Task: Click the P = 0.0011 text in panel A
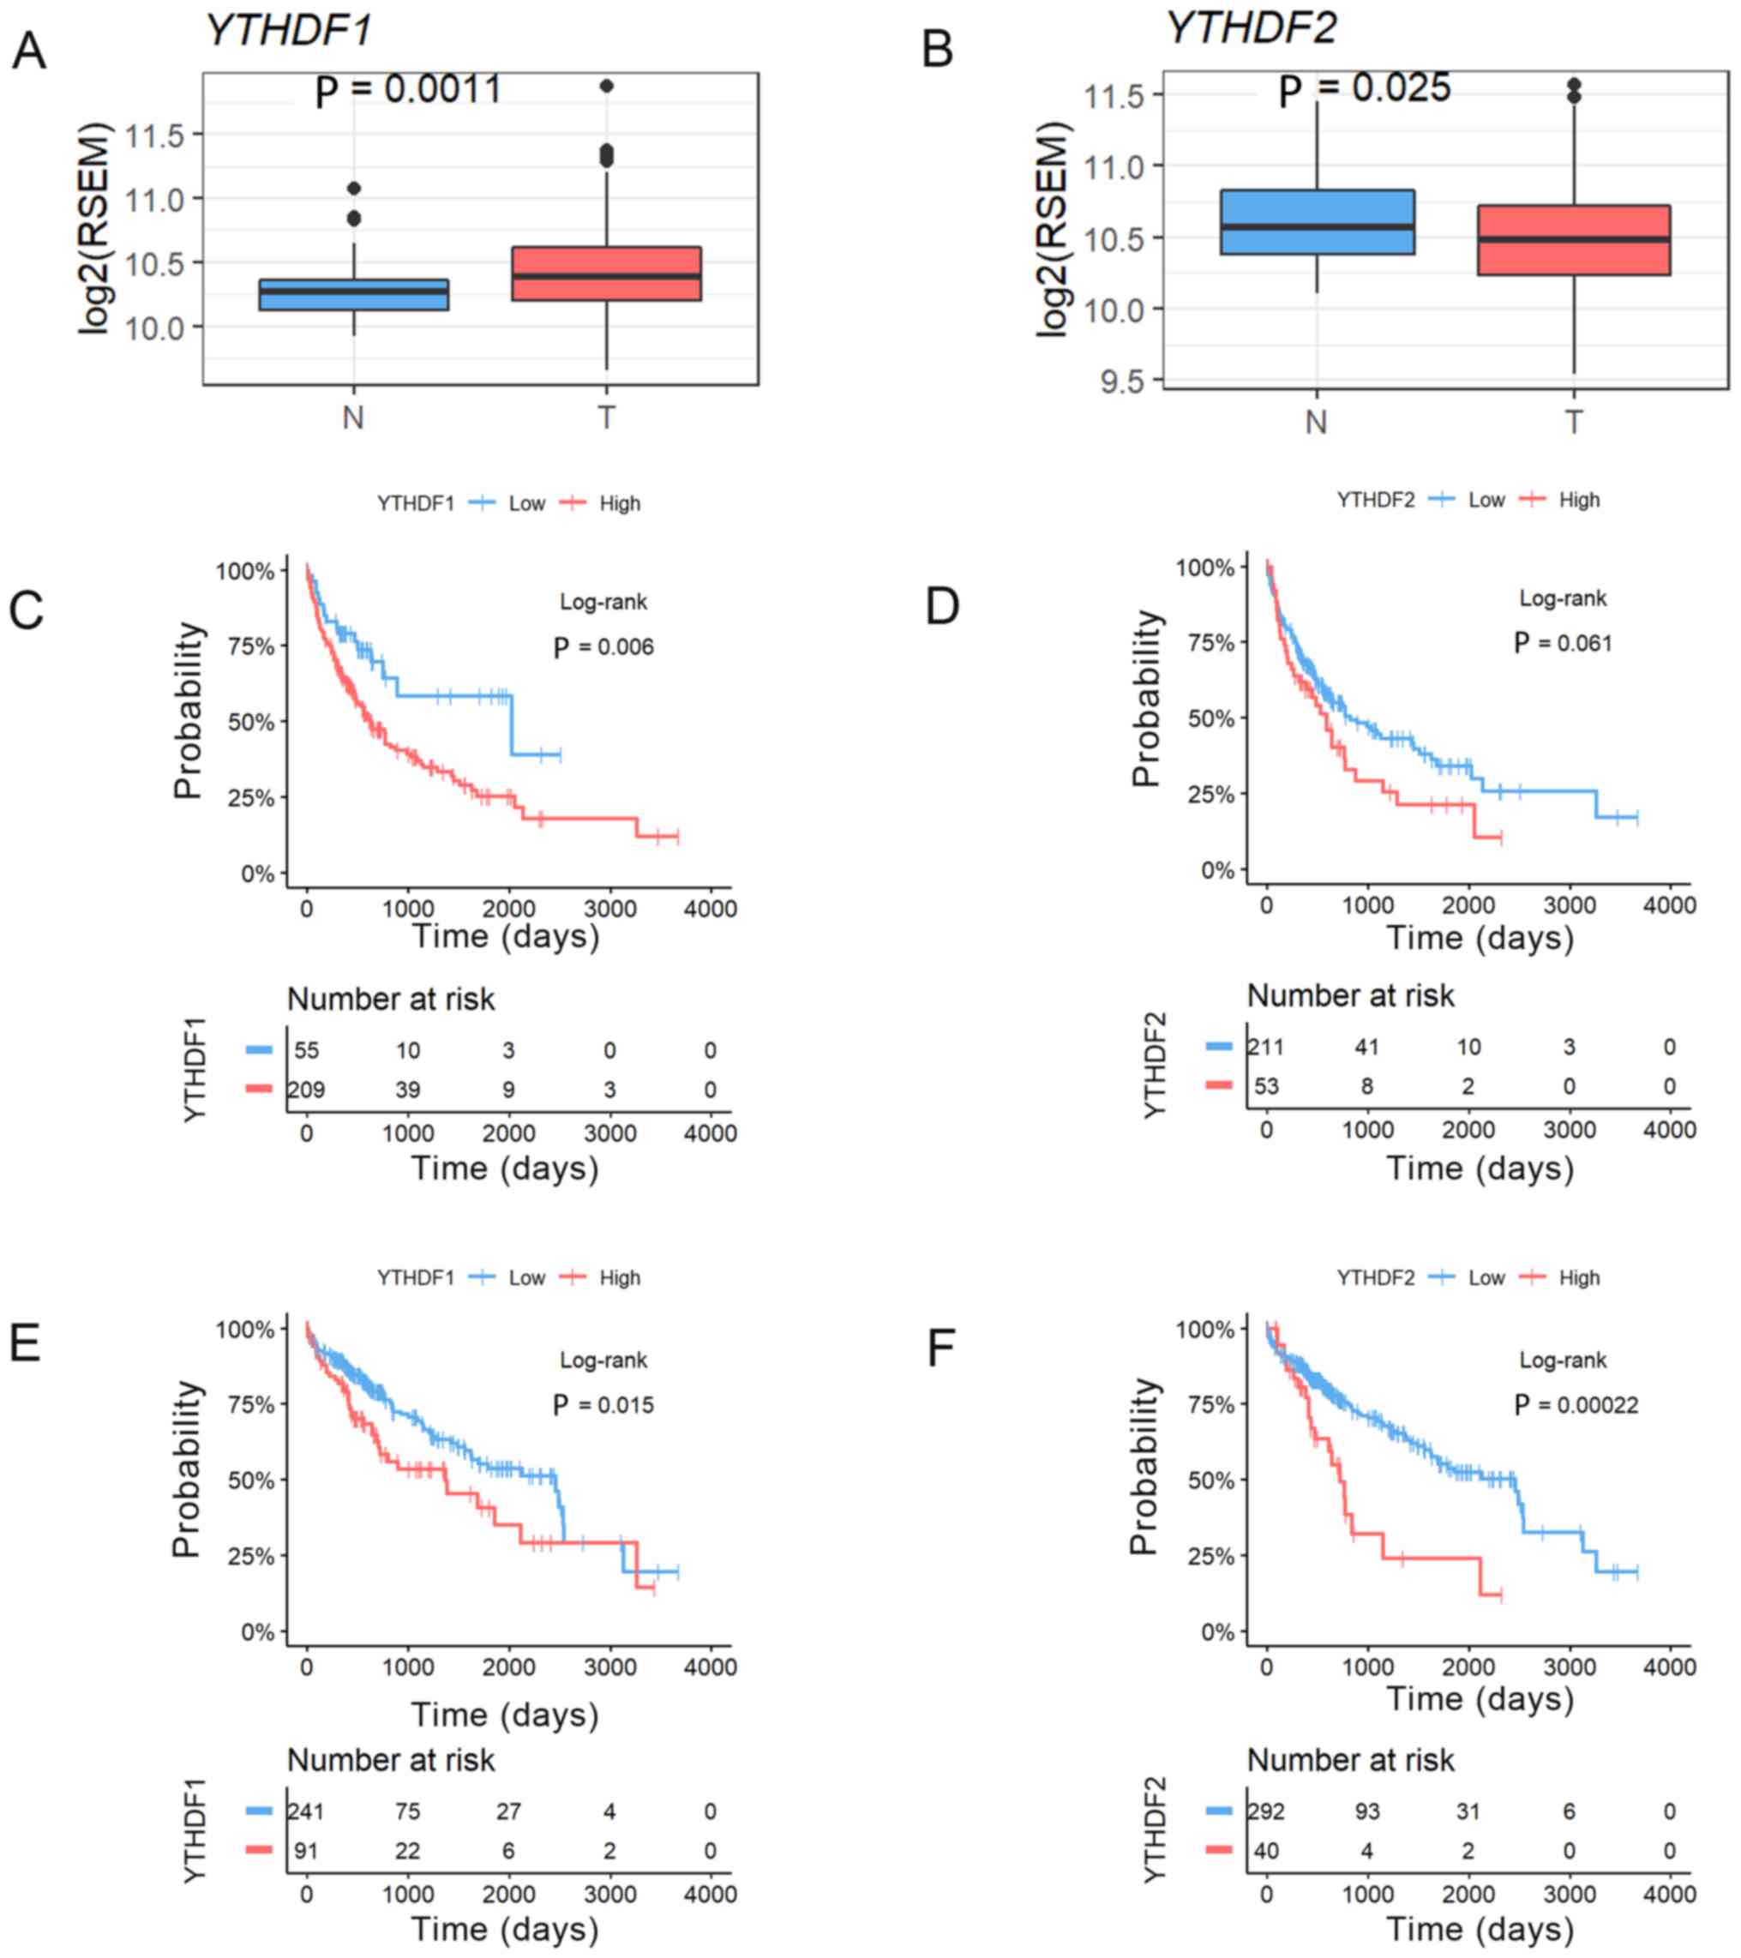[x=409, y=90]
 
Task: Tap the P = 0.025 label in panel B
[x=1365, y=89]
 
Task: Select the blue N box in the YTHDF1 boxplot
[x=353, y=294]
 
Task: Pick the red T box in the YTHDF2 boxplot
[x=1573, y=240]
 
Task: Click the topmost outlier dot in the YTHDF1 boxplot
[x=606, y=87]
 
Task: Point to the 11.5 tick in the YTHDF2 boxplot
[x=1114, y=96]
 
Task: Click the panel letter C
[x=27, y=610]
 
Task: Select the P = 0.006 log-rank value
[x=604, y=647]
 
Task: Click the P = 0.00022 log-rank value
[x=1576, y=1405]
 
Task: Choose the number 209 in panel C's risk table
[x=306, y=1090]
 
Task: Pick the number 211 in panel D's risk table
[x=1265, y=1046]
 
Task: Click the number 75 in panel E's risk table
[x=408, y=1811]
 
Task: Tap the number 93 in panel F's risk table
[x=1366, y=1811]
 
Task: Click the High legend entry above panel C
[x=619, y=504]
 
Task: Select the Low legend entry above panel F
[x=1486, y=1277]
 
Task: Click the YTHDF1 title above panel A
[x=289, y=32]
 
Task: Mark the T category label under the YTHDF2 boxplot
[x=1573, y=422]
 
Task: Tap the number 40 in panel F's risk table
[x=1266, y=1851]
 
